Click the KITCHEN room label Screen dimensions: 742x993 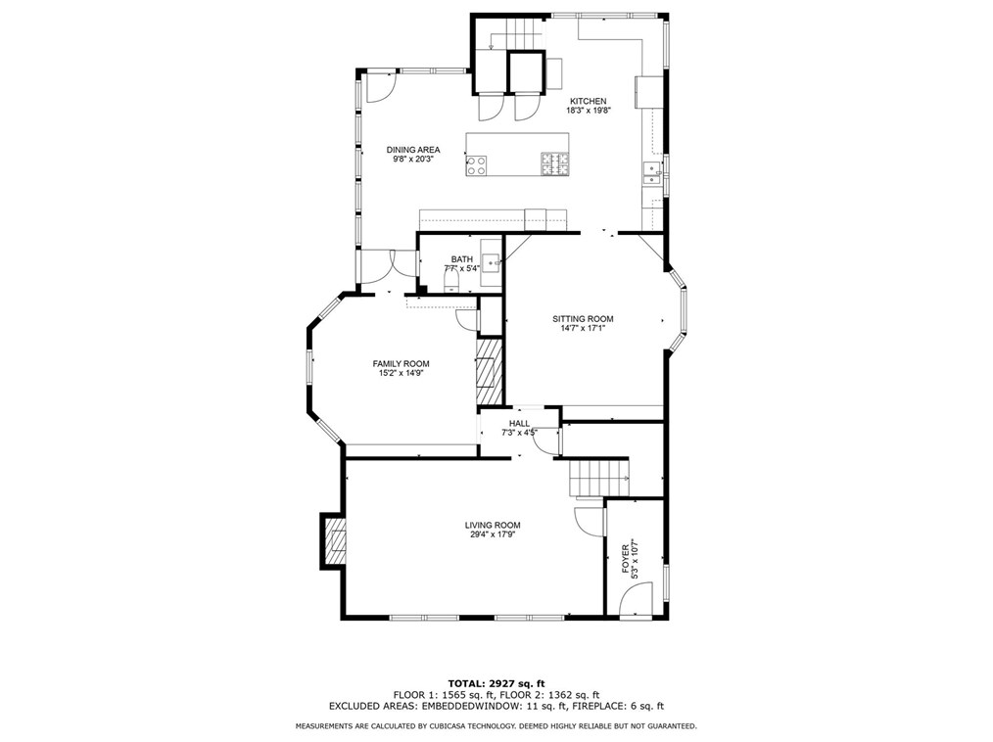(x=589, y=101)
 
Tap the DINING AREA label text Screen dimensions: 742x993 (x=412, y=150)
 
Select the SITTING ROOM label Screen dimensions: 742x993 (x=583, y=319)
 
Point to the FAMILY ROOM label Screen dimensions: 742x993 (x=401, y=363)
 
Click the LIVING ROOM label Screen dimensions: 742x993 (x=492, y=525)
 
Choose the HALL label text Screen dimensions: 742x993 (x=519, y=423)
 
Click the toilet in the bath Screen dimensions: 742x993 (x=451, y=282)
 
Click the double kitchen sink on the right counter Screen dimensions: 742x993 (x=651, y=175)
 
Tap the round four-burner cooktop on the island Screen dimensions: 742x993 (x=477, y=165)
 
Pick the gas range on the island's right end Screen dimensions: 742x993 (x=554, y=165)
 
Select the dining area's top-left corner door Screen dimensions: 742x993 (x=378, y=89)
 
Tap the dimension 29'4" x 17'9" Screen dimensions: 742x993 (x=492, y=534)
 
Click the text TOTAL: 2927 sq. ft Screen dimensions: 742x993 (x=496, y=682)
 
